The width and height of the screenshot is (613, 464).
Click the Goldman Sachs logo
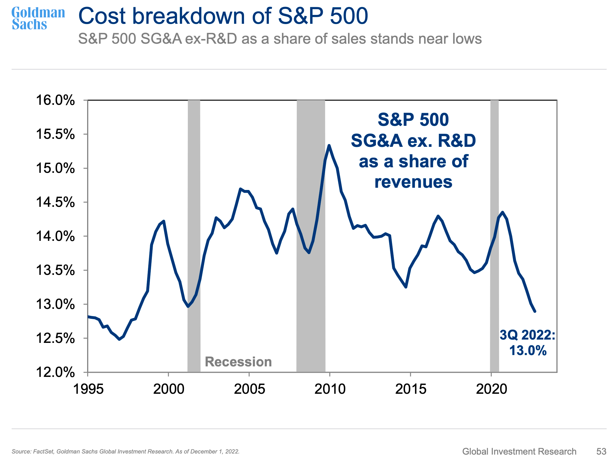(x=38, y=18)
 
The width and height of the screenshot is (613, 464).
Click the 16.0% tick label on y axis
(x=55, y=100)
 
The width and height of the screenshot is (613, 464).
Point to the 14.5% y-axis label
(x=55, y=202)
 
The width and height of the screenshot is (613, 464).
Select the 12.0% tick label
(x=55, y=372)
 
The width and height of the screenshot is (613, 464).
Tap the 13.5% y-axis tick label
(x=55, y=270)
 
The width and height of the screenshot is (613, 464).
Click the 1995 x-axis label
(x=88, y=389)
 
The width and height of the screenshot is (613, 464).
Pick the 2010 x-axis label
(x=330, y=389)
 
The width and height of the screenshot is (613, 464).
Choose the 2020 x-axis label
(x=491, y=389)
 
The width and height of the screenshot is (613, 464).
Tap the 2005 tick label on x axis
(x=250, y=389)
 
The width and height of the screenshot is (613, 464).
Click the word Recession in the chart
(x=238, y=362)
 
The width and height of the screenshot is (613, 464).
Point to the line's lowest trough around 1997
(x=120, y=339)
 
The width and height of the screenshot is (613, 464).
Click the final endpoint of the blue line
(x=534, y=311)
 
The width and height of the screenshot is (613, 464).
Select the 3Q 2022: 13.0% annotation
(x=527, y=343)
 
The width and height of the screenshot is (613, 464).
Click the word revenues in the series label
(x=413, y=182)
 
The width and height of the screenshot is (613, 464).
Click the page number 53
(x=601, y=451)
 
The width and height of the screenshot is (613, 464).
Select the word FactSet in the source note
(x=43, y=452)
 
